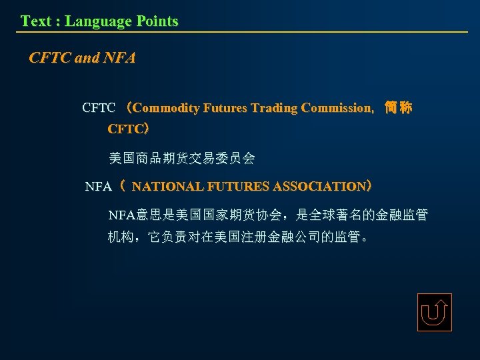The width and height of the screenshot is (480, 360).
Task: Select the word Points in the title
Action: pyautogui.click(x=157, y=21)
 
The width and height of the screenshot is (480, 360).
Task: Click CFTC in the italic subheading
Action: pyautogui.click(x=50, y=59)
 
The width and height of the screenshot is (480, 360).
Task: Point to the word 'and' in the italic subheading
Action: pyautogui.click(x=87, y=59)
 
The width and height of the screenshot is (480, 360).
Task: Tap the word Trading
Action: pyautogui.click(x=275, y=108)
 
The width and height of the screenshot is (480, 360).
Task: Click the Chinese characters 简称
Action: pyautogui.click(x=399, y=108)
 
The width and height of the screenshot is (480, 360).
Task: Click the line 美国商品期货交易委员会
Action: pyautogui.click(x=181, y=159)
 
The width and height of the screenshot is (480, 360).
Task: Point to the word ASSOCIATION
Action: pyautogui.click(x=315, y=187)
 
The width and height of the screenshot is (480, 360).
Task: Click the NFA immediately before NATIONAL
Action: pyautogui.click(x=99, y=187)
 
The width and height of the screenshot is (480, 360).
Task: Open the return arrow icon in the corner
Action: pyautogui.click(x=434, y=312)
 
